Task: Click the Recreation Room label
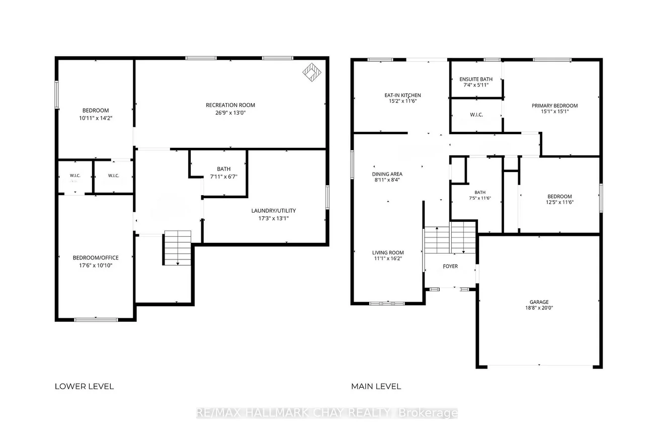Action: pyautogui.click(x=230, y=105)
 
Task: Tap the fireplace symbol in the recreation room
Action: pyautogui.click(x=312, y=72)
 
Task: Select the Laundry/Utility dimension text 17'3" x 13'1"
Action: pyautogui.click(x=274, y=218)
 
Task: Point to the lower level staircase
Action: pyautogui.click(x=178, y=248)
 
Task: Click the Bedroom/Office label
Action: pyautogui.click(x=96, y=257)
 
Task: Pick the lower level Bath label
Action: pyautogui.click(x=224, y=169)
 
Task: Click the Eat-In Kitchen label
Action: pyautogui.click(x=402, y=95)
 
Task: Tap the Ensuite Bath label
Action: pyautogui.click(x=476, y=79)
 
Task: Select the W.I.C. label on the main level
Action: pyautogui.click(x=476, y=115)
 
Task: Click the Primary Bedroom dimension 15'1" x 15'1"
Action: pyautogui.click(x=555, y=112)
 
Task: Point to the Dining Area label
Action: pyautogui.click(x=387, y=174)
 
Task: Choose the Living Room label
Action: pyautogui.click(x=388, y=253)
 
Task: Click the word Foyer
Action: pyautogui.click(x=450, y=266)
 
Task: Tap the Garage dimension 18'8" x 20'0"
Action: pyautogui.click(x=539, y=308)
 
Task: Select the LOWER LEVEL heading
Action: pyautogui.click(x=84, y=386)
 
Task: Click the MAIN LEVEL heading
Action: pyautogui.click(x=376, y=386)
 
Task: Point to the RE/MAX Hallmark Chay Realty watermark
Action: pyautogui.click(x=327, y=413)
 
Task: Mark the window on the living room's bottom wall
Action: pyautogui.click(x=387, y=304)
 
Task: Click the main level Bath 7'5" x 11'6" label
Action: pyautogui.click(x=480, y=195)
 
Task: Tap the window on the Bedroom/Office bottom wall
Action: pyautogui.click(x=96, y=320)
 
